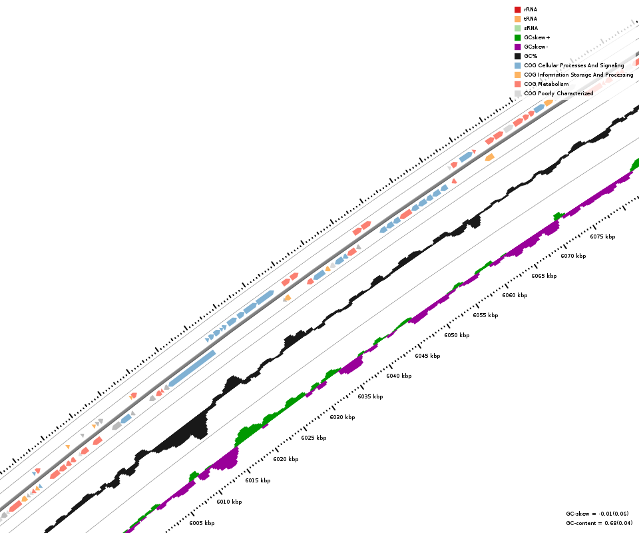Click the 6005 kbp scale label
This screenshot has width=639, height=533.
(x=202, y=523)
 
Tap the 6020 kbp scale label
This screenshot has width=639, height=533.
(x=286, y=459)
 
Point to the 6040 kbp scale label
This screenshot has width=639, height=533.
(x=399, y=376)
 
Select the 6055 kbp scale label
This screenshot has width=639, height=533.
(x=485, y=315)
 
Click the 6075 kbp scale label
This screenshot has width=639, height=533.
(x=602, y=237)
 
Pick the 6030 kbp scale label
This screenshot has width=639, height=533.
(x=342, y=417)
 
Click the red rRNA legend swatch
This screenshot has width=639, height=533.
(x=517, y=9)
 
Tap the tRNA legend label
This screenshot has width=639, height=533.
(x=531, y=19)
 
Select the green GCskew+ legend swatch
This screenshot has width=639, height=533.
(x=517, y=37)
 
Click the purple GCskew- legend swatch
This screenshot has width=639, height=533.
(x=517, y=47)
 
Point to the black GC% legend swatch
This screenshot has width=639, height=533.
(x=517, y=56)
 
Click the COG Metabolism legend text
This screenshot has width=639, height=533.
(x=546, y=84)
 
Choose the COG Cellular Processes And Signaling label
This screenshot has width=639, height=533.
(x=574, y=65)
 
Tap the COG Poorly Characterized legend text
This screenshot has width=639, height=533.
(x=558, y=93)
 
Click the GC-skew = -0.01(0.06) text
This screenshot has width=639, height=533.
(x=597, y=514)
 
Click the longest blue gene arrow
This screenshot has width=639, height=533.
(x=192, y=368)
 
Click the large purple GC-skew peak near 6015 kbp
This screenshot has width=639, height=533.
(x=226, y=460)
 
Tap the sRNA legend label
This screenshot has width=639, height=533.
(x=531, y=28)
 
